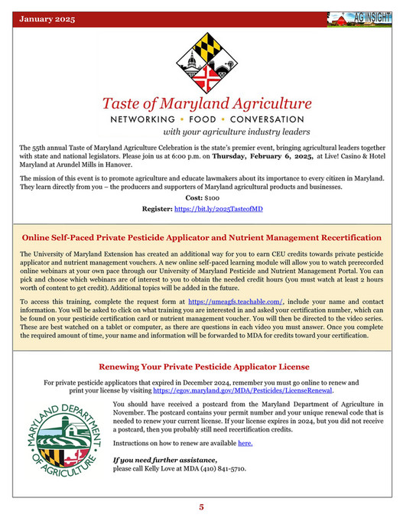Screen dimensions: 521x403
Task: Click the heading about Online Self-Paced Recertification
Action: pos(201,238)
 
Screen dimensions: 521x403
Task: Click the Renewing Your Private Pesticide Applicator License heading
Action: pos(201,366)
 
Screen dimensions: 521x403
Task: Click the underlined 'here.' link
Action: pos(245,443)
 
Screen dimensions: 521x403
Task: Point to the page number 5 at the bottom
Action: pos(202,506)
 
